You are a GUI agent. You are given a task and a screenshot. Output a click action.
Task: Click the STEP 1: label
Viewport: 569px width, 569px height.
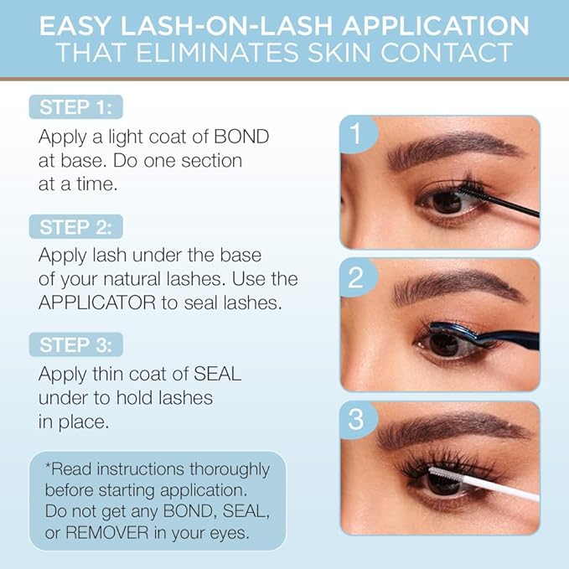click(x=75, y=107)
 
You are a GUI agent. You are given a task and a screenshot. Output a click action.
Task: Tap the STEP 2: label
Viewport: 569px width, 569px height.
click(x=75, y=226)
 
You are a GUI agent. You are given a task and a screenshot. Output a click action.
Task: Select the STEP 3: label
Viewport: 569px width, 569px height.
click(x=75, y=345)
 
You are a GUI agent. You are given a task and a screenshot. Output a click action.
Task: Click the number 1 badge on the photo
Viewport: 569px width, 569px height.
click(x=356, y=134)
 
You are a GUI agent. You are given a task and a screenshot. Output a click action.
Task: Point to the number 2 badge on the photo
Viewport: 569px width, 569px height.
click(x=356, y=277)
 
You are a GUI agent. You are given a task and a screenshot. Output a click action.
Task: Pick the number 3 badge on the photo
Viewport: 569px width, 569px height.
click(x=356, y=420)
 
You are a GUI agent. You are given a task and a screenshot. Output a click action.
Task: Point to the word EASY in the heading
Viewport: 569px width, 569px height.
click(x=84, y=25)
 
